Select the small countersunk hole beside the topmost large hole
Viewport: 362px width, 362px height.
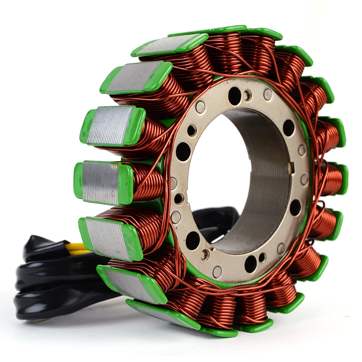pyautogui.click(x=248, y=96)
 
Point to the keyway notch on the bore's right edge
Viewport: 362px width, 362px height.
pyautogui.click(x=290, y=167)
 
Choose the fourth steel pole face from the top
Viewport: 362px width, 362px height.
pyautogui.click(x=101, y=182)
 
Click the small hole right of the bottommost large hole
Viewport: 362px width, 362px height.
pyautogui.click(x=262, y=257)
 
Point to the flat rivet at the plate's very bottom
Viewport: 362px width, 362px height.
pyautogui.click(x=217, y=271)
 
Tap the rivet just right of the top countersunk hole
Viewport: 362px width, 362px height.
pyautogui.click(x=268, y=94)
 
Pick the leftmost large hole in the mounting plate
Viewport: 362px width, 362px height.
pyautogui.click(x=183, y=152)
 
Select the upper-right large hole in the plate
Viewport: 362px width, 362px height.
pyautogui.click(x=289, y=127)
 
